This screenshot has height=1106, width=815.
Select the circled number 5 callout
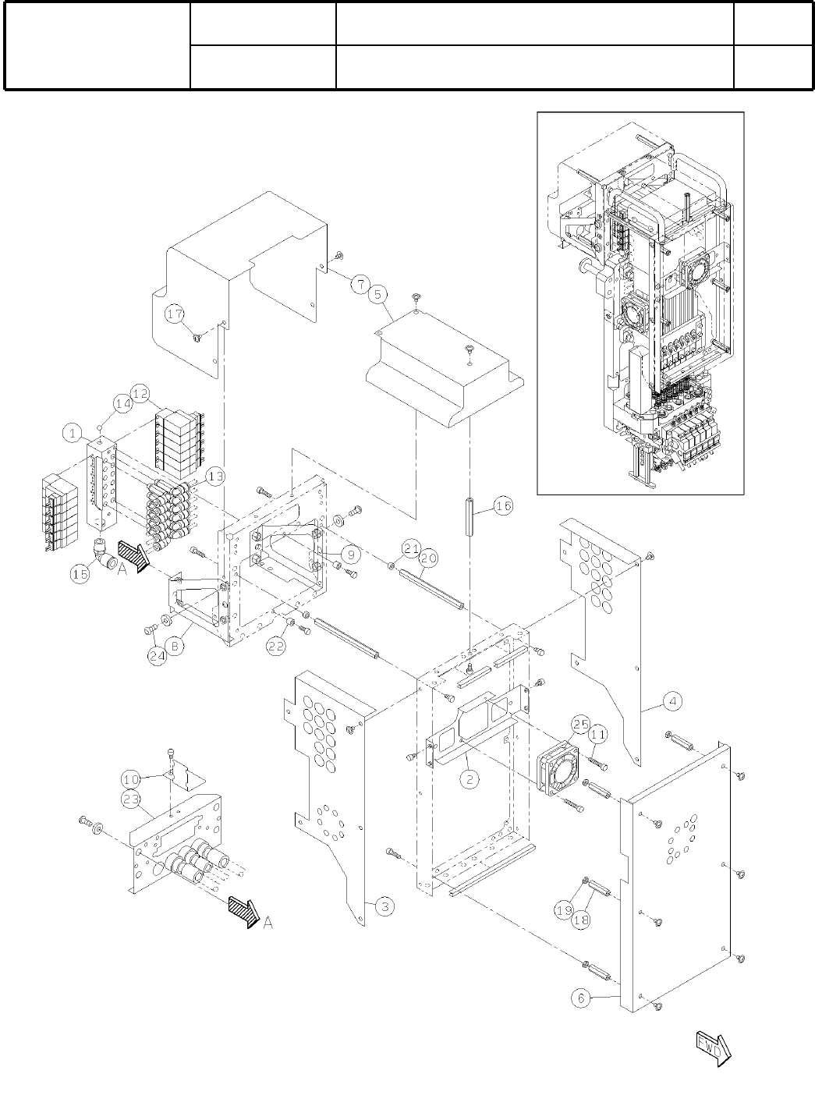[378, 296]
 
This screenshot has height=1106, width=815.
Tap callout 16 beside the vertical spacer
[503, 506]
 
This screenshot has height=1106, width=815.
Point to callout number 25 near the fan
[580, 725]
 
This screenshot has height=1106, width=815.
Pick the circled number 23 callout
[130, 799]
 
